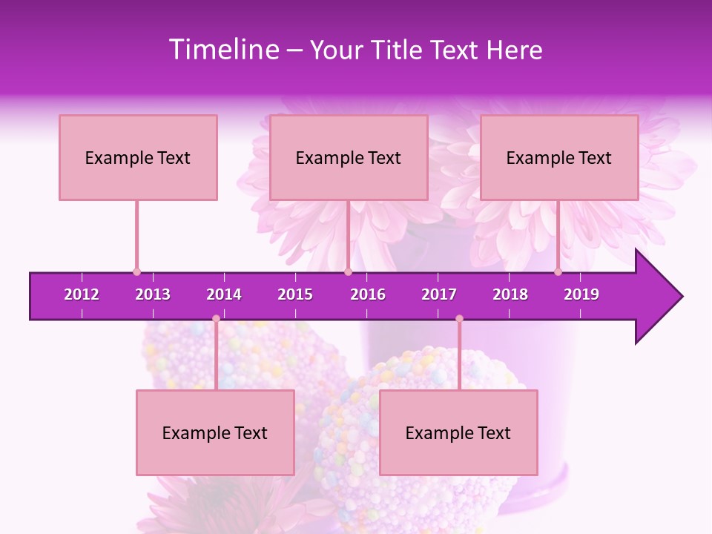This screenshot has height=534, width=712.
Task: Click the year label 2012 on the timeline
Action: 82,294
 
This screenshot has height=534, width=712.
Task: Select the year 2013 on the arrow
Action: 153,294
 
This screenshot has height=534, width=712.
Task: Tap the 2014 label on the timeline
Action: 224,294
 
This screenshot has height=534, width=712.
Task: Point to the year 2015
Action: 295,294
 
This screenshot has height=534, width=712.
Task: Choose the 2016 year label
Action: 368,294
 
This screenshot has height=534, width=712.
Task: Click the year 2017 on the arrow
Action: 439,294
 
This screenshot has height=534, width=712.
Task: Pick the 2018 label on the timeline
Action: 510,294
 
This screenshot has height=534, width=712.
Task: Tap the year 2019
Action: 581,294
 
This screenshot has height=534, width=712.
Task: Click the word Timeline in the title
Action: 222,50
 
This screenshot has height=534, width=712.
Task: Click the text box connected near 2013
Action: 138,157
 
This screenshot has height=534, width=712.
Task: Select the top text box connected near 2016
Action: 349,157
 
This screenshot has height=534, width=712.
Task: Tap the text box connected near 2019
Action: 559,157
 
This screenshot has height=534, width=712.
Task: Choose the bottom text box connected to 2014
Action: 215,432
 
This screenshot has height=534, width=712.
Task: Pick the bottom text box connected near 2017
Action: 458,432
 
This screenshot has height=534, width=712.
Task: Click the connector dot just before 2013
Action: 136,271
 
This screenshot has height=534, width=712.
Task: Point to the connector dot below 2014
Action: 216,319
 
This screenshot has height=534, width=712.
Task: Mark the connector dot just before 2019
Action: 558,271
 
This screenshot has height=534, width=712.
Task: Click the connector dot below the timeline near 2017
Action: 459,319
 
